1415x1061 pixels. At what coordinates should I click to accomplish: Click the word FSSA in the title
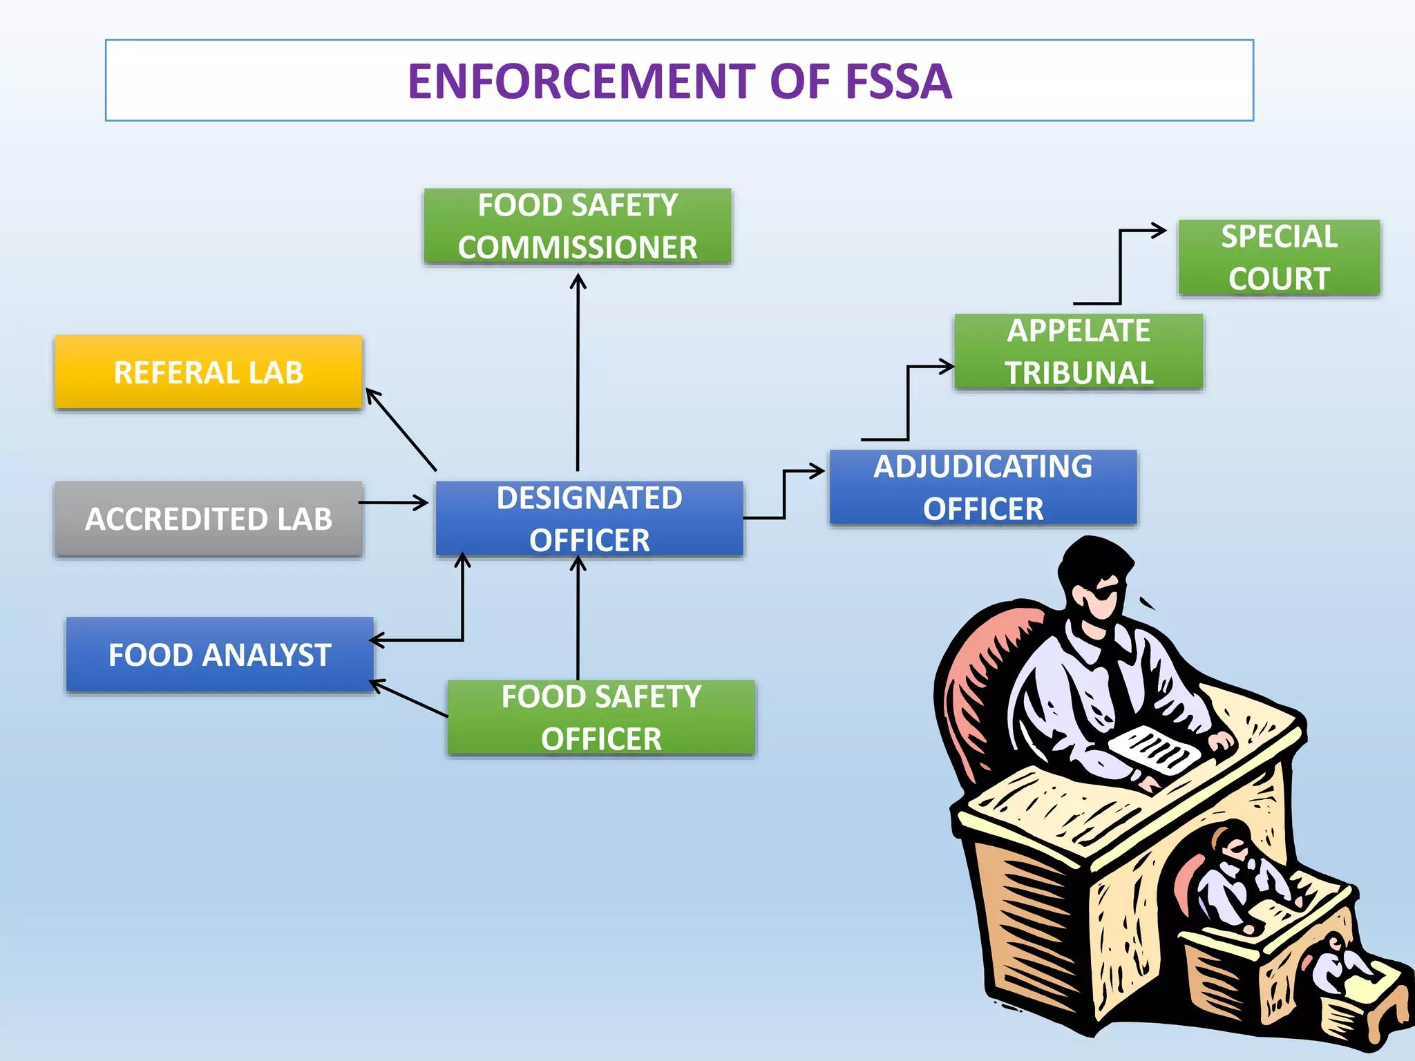[898, 82]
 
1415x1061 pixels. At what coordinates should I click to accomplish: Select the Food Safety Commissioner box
[578, 227]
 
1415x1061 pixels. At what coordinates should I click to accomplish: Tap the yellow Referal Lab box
[208, 372]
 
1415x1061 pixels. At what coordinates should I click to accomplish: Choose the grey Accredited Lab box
[208, 519]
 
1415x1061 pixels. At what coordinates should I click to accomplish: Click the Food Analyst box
[220, 654]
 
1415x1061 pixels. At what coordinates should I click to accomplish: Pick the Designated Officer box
[589, 519]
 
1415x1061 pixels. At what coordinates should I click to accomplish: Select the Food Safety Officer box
[601, 717]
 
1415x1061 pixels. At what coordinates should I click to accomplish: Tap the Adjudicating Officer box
[982, 488]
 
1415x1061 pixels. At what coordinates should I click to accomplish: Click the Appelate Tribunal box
[1079, 352]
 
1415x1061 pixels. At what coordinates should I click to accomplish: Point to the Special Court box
[1279, 258]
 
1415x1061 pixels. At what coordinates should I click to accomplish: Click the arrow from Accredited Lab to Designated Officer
[394, 503]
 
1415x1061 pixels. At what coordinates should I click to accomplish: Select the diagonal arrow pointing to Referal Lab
[401, 430]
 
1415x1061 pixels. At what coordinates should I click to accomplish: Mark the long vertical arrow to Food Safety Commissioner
[578, 373]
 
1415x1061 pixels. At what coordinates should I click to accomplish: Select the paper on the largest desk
[1154, 750]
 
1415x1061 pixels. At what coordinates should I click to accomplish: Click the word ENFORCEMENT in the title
[584, 82]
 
